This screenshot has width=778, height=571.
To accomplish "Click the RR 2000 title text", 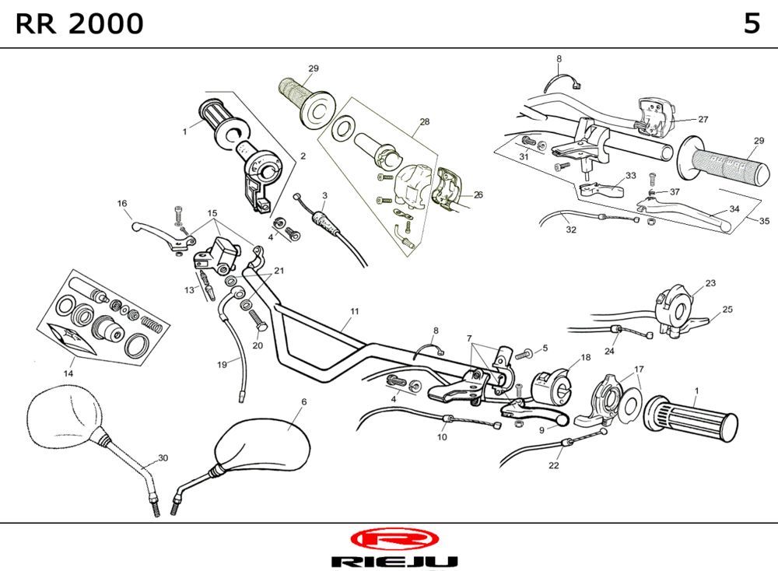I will click(79, 24).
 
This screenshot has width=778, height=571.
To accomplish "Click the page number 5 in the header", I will click(751, 24).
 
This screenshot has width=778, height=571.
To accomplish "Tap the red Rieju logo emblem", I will click(394, 538).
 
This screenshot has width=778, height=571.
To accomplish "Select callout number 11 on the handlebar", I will click(355, 311).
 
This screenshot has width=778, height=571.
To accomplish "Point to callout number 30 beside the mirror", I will click(163, 457).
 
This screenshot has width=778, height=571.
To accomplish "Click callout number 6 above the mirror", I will click(303, 401).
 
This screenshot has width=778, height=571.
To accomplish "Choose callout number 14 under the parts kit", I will click(68, 373).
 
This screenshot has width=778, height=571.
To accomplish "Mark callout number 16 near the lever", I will click(122, 204).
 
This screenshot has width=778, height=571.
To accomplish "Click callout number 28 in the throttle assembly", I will click(424, 121).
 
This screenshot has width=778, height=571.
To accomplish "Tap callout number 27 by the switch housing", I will click(703, 119).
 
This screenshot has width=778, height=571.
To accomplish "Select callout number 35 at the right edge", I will click(764, 220).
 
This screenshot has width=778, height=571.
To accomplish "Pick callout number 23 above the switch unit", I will click(710, 282).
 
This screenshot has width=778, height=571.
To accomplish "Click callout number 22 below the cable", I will click(554, 466).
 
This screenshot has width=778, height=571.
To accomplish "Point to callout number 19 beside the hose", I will click(223, 363).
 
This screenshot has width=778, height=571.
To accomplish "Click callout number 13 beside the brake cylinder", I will click(189, 289).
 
